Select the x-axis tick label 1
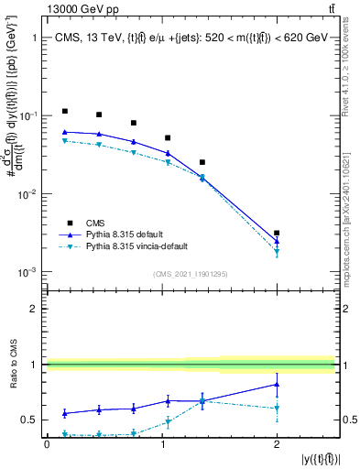(162, 444)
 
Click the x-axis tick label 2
(277, 444)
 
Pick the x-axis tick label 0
(47, 444)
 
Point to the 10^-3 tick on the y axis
(27, 272)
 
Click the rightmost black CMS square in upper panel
(277, 234)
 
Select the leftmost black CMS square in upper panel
(64, 111)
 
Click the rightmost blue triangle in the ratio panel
(277, 385)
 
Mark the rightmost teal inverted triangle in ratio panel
(277, 409)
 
